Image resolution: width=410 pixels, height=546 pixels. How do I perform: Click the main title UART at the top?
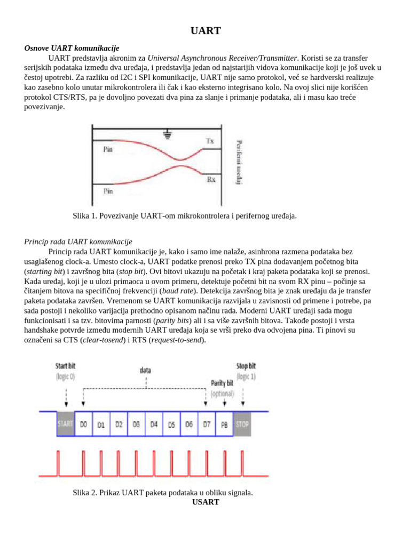pos(206,31)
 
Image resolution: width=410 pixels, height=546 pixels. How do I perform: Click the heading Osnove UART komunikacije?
pos(72,48)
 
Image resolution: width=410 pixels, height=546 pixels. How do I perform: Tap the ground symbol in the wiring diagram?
pos(169,135)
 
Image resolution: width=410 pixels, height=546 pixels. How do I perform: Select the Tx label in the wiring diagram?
pos(210,141)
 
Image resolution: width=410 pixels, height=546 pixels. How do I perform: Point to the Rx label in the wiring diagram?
pos(211,180)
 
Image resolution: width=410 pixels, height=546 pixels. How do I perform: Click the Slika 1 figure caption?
pos(184,216)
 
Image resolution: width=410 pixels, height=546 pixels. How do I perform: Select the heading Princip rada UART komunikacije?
pos(78,242)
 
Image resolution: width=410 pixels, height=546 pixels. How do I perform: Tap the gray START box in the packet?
pos(66,424)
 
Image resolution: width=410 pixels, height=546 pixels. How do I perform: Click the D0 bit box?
pos(83,424)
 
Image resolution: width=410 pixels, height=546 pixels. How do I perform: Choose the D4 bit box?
pos(154,424)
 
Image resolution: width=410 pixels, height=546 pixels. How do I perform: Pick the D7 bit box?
pos(206,424)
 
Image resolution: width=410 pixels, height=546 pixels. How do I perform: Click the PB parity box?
pos(224,424)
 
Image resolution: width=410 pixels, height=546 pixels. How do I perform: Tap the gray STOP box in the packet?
pos(242,424)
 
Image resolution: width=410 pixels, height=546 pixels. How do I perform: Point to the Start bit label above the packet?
pos(66,367)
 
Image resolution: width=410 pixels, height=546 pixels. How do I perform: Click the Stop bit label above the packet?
pos(246,367)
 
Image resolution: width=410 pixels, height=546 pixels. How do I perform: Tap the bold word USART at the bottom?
pos(206,502)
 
